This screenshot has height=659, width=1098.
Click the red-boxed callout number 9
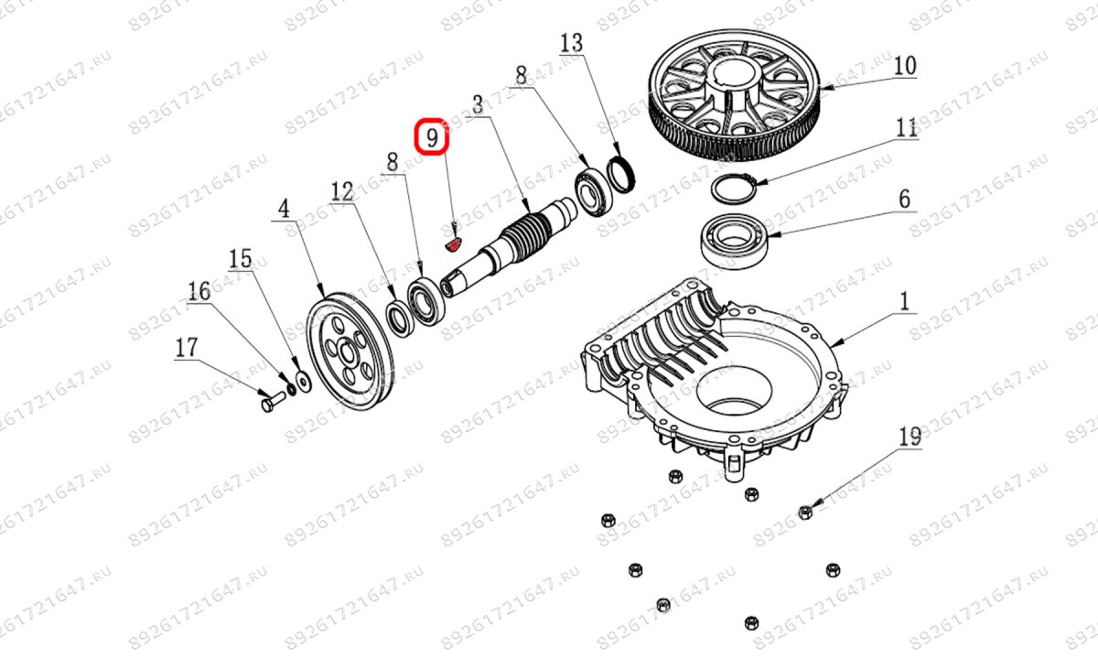click(x=434, y=138)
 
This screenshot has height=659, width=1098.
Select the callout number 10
click(x=904, y=66)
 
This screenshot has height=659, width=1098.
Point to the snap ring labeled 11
click(x=732, y=189)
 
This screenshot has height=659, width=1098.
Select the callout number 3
click(x=477, y=103)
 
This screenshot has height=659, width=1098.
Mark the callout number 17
click(x=186, y=348)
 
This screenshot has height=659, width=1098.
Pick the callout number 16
click(x=199, y=291)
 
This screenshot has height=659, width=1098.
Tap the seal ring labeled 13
click(x=621, y=175)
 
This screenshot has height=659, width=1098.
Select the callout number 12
click(x=342, y=191)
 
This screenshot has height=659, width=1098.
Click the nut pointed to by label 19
click(x=805, y=512)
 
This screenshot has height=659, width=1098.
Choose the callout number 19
click(x=909, y=438)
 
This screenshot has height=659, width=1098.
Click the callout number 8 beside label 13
click(x=521, y=76)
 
